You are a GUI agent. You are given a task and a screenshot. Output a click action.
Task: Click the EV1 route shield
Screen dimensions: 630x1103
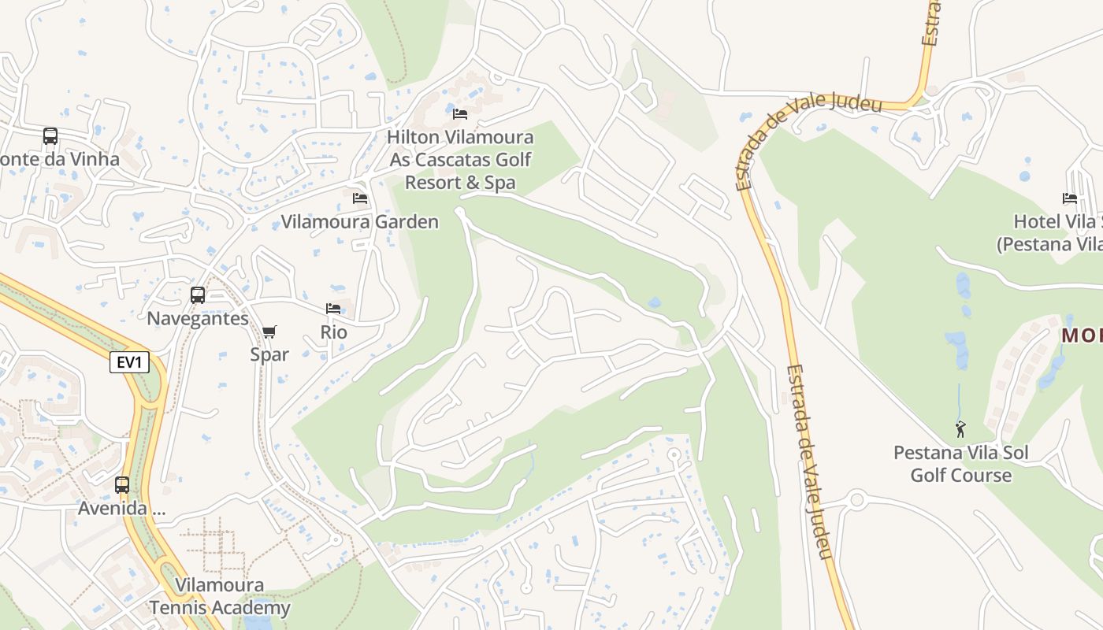(x=129, y=362)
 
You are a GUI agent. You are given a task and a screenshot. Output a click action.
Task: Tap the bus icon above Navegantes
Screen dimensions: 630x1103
(x=198, y=295)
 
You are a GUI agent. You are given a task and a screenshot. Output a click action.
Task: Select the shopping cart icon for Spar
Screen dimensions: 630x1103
(x=269, y=332)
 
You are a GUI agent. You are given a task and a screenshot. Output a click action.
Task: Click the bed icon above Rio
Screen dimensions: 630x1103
(x=333, y=309)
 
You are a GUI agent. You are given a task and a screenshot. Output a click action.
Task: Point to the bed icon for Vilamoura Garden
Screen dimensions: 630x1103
(x=360, y=198)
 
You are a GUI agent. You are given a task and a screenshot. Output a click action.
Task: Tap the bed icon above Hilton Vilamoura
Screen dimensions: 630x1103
(x=460, y=114)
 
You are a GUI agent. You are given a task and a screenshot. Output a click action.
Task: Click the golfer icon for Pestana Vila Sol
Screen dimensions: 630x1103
(x=960, y=430)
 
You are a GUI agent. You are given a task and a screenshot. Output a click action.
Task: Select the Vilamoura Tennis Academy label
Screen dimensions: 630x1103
(x=220, y=596)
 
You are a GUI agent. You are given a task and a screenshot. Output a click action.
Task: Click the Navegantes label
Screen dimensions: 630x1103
(x=198, y=318)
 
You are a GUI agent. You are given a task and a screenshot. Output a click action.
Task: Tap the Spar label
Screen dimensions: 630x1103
(x=269, y=354)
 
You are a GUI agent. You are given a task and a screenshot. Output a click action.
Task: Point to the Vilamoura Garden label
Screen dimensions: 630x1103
(x=360, y=221)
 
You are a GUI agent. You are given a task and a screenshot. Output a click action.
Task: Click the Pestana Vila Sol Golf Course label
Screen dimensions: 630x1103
(x=960, y=464)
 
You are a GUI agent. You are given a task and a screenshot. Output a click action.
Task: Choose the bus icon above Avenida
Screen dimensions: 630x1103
(x=122, y=485)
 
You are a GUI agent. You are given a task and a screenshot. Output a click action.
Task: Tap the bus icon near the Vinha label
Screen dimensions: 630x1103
(x=50, y=136)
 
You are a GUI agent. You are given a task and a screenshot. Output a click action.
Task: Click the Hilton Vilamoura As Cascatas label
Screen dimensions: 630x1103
(x=460, y=160)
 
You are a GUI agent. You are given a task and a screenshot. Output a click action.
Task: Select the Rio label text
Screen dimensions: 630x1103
(x=333, y=332)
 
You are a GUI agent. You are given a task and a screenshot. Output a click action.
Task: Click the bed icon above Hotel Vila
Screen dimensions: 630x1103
(x=1069, y=198)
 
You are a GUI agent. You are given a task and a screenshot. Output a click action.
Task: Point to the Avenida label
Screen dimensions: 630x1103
(x=121, y=508)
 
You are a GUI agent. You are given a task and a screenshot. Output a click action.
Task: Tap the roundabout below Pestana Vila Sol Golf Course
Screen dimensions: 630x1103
(x=856, y=499)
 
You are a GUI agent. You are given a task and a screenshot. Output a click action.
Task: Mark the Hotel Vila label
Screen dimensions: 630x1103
(x=1057, y=232)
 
